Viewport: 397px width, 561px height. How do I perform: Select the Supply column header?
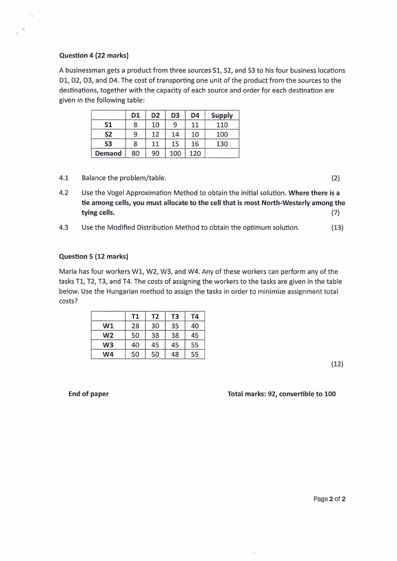coord(222,115)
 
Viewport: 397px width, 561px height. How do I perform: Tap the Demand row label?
coord(108,153)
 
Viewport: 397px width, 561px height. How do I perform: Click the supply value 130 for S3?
coord(222,144)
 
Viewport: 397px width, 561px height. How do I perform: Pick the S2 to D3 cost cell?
coord(175,134)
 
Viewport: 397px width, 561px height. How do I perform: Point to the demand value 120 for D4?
coord(195,153)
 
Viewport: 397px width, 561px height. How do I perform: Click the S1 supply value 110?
coord(222,125)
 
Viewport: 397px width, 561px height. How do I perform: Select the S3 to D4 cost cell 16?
coord(195,144)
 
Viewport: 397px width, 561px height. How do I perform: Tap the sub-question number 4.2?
coord(63,193)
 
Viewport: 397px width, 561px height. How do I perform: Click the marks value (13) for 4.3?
coord(337,228)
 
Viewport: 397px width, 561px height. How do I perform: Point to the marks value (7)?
coord(338,212)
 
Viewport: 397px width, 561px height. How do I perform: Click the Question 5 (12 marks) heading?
coord(93,256)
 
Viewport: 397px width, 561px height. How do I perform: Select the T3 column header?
coord(175,316)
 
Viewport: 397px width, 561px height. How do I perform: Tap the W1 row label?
coord(108,326)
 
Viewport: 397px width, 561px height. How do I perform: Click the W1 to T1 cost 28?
coord(135,326)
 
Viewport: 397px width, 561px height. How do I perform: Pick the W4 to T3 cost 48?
coord(175,354)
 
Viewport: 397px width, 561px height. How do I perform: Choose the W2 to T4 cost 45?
coord(195,335)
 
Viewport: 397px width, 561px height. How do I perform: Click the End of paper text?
coord(88,394)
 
